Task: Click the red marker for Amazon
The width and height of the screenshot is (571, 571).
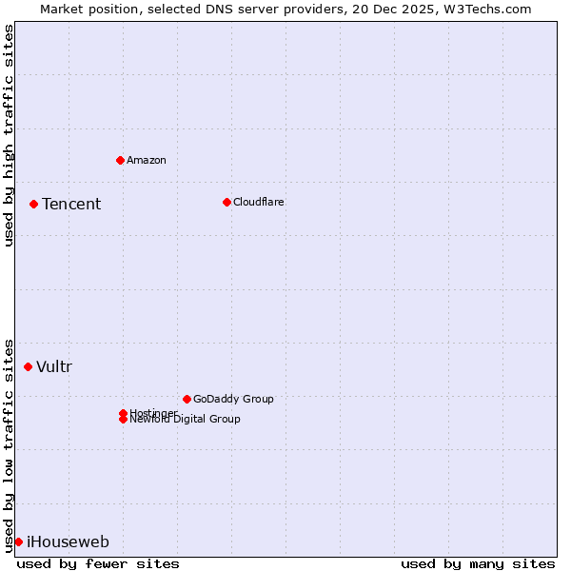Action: click(x=120, y=160)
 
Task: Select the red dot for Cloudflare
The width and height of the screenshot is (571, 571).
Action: click(x=226, y=202)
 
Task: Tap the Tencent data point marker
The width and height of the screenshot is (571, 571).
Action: click(x=33, y=204)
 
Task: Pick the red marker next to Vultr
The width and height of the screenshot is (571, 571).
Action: click(x=28, y=366)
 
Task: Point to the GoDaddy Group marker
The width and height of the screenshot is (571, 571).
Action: click(x=187, y=399)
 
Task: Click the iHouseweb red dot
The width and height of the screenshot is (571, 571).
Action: click(x=18, y=541)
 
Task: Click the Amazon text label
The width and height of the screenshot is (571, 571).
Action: click(x=147, y=160)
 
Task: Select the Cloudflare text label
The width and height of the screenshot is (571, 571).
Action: click(x=259, y=202)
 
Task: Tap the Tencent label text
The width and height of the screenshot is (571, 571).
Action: click(x=71, y=204)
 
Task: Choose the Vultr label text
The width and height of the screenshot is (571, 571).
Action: click(x=54, y=366)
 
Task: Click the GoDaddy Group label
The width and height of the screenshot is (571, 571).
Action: click(x=233, y=399)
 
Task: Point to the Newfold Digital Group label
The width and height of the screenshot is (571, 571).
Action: click(x=186, y=420)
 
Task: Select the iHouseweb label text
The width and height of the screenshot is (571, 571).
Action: click(x=68, y=542)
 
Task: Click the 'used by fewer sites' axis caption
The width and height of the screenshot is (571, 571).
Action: click(x=98, y=563)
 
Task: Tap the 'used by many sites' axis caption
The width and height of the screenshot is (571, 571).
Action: click(x=478, y=563)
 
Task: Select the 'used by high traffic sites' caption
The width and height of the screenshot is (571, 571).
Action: click(x=9, y=135)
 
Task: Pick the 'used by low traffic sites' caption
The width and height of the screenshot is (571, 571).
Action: click(x=9, y=444)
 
